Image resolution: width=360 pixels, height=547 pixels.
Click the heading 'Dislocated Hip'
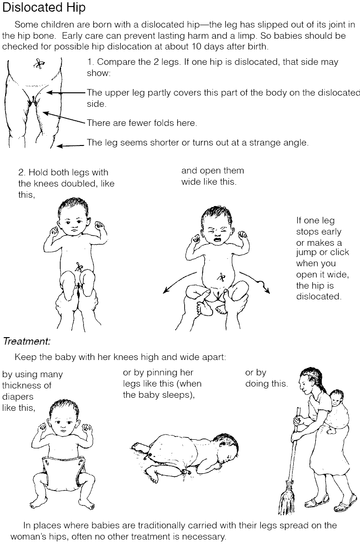[44, 7]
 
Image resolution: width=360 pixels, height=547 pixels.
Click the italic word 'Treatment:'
[27, 341]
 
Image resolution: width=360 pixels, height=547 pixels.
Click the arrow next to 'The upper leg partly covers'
[66, 93]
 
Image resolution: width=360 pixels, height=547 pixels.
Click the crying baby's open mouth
[217, 240]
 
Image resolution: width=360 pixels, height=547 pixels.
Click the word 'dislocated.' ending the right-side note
[319, 297]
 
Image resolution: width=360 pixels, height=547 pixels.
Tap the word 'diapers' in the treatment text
[18, 397]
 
